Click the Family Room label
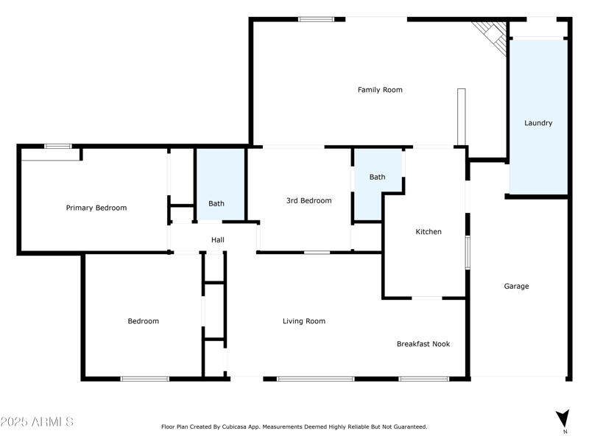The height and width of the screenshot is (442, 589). (x=380, y=90)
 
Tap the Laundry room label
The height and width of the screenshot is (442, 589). (x=538, y=123)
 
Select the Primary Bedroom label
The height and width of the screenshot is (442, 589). (x=96, y=208)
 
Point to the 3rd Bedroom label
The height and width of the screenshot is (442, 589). (x=308, y=200)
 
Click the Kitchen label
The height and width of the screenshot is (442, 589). (x=428, y=232)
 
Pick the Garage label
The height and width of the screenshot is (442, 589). (x=516, y=287)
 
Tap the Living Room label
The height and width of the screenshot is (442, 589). (x=304, y=321)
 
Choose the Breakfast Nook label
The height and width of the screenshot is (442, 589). (x=423, y=344)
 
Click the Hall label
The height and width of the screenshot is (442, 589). (x=218, y=240)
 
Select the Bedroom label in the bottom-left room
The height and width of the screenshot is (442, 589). (x=143, y=321)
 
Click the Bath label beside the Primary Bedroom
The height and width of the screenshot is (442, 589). (x=216, y=204)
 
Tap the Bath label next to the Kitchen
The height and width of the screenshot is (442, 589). (x=377, y=177)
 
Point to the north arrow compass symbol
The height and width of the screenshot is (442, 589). (x=563, y=418)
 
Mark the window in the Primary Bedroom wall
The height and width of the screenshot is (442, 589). (x=57, y=146)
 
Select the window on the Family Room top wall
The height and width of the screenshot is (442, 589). (x=316, y=19)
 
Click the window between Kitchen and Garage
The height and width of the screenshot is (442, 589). (x=468, y=253)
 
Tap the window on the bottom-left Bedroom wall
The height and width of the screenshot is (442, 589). (x=144, y=379)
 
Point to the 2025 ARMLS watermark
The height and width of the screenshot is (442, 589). (x=37, y=422)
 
